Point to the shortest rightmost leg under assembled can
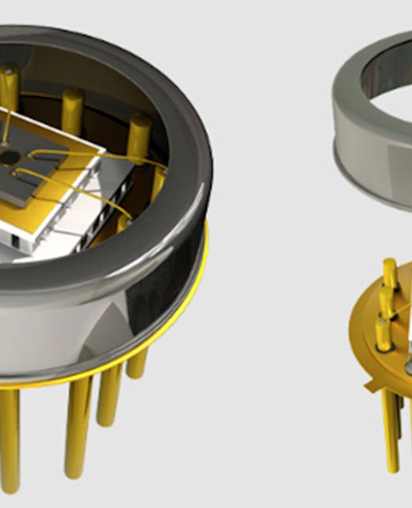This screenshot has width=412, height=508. pos(138,363)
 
